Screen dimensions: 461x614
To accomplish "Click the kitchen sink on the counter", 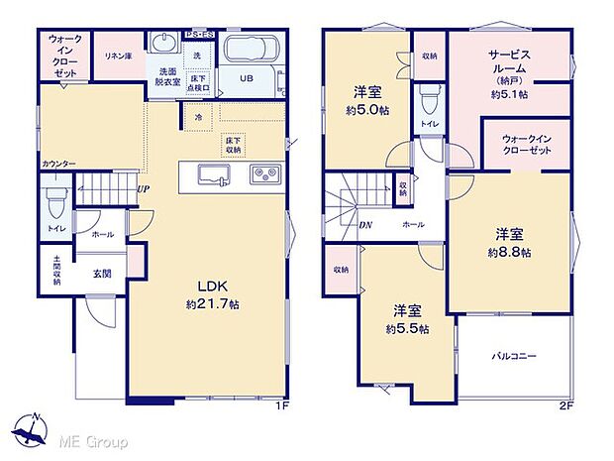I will click(x=215, y=175).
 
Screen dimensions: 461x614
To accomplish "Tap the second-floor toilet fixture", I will click(x=428, y=99).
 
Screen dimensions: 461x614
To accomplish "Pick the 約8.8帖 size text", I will click(x=509, y=252).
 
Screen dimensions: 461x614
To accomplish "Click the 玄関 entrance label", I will click(x=101, y=272).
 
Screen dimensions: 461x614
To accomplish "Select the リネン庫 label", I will click(x=117, y=56).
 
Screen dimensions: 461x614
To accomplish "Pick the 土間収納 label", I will click(x=56, y=270).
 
